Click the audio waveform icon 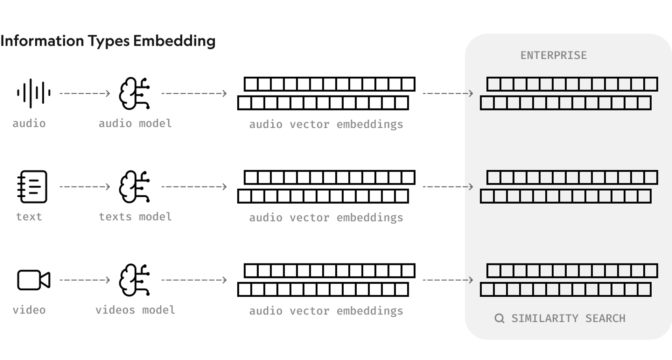click(34, 93)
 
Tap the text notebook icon click(32, 186)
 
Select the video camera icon click(34, 280)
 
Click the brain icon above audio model click(134, 93)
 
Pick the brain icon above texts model click(134, 186)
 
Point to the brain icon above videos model click(134, 280)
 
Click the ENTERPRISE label click(553, 55)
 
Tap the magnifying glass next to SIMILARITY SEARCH click(499, 318)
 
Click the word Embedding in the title click(174, 41)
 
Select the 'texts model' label click(135, 217)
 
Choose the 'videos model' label click(135, 310)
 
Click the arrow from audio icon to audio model click(85, 93)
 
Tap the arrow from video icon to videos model click(85, 280)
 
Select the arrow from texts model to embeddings click(194, 186)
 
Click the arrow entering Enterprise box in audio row click(448, 93)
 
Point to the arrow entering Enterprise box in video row click(448, 280)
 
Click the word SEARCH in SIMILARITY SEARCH click(605, 318)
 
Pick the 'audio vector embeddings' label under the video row click(326, 311)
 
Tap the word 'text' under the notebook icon click(29, 217)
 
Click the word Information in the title click(42, 41)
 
